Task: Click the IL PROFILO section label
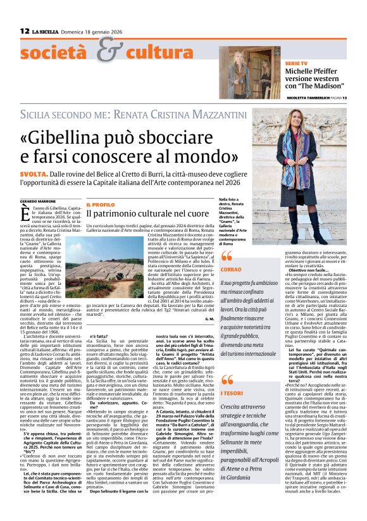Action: tap(101, 204)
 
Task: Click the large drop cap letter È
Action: tap(27, 214)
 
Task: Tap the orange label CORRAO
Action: tap(232, 270)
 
